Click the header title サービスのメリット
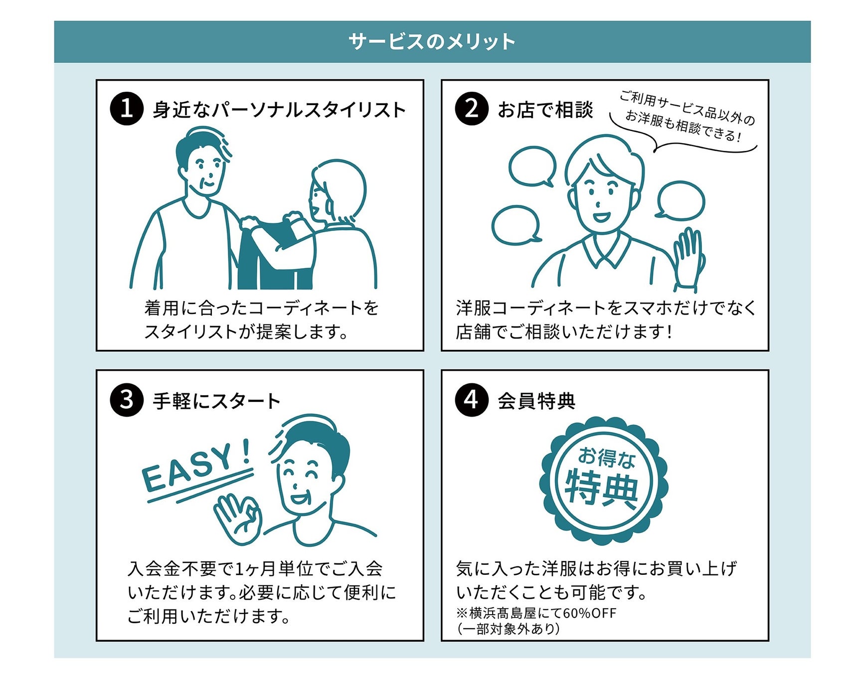[x=432, y=42]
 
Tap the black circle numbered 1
[x=127, y=109]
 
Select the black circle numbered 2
[x=471, y=109]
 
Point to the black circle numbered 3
[x=127, y=400]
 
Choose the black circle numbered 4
[x=471, y=400]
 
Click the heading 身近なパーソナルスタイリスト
[x=279, y=110]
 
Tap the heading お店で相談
[x=545, y=110]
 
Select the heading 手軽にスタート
[x=217, y=401]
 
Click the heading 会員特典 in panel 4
[x=536, y=401]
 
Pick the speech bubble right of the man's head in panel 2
[x=681, y=200]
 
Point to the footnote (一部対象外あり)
[x=508, y=629]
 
